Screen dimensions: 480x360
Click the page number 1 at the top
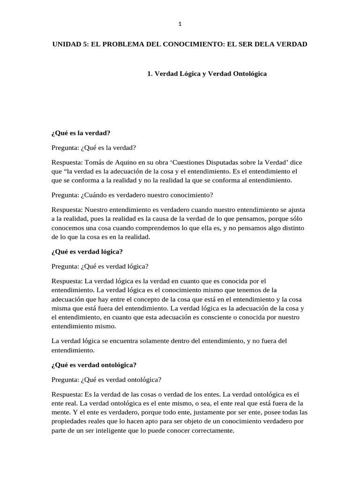pyautogui.click(x=180, y=24)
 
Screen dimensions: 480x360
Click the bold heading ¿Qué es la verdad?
pyautogui.click(x=81, y=133)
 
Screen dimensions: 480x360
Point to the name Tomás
pyautogui.click(x=96, y=162)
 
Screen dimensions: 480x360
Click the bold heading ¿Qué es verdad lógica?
pyautogui.click(x=87, y=252)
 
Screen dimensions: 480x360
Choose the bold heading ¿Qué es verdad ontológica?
pyautogui.click(x=94, y=365)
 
